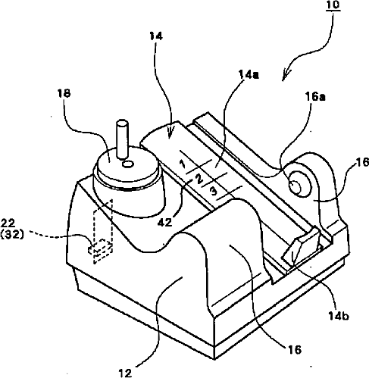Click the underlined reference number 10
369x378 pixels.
coord(333,5)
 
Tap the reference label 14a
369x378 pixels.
coord(249,75)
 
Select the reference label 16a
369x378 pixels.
coord(315,96)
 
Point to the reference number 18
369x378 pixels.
coord(64,93)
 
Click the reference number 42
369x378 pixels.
coord(165,223)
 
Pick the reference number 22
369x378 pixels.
coord(8,223)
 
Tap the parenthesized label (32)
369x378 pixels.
coord(12,235)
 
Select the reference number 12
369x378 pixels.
coord(125,373)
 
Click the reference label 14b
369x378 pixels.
coord(339,315)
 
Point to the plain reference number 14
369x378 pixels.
coord(156,36)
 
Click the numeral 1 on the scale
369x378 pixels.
coord(183,164)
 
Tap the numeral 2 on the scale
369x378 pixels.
coord(199,180)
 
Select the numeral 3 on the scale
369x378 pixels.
coord(214,192)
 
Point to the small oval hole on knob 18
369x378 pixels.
coord(128,164)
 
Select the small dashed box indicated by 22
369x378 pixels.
coord(101,249)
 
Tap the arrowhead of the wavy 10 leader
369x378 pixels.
coord(285,76)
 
